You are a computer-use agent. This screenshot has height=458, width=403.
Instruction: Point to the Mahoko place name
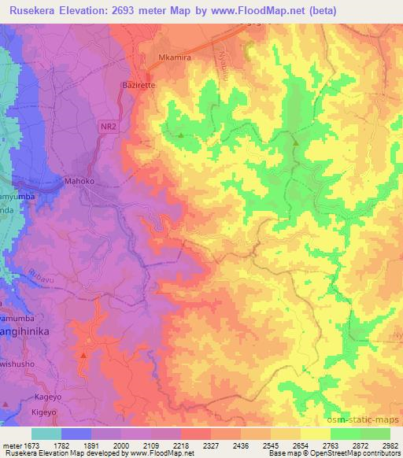79,180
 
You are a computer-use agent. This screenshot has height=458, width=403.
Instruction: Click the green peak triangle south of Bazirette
182,135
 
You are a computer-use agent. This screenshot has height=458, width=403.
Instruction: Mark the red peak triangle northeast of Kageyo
83,355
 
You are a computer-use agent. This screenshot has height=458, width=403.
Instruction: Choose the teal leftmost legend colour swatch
46,434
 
